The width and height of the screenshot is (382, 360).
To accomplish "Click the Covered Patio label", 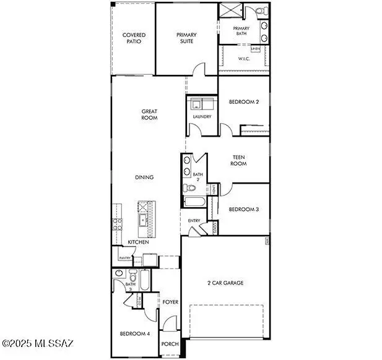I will [134, 38].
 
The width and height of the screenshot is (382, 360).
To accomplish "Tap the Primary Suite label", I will [186, 38].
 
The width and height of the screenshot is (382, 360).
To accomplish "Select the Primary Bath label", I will [241, 32].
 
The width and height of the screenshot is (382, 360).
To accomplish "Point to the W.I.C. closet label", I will [243, 59].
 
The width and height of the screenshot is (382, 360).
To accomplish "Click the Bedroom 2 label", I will [243, 102].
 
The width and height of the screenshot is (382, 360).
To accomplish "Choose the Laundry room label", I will [202, 116].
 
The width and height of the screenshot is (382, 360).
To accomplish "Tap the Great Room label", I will [149, 114].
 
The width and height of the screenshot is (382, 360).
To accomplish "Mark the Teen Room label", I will [239, 161].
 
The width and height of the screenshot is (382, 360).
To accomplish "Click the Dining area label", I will [144, 178].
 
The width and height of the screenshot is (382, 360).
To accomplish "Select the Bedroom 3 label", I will [243, 210].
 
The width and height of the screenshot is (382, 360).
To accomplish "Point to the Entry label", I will [194, 221].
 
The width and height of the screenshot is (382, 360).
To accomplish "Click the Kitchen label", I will [138, 242].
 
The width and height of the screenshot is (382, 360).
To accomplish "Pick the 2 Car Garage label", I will [225, 283].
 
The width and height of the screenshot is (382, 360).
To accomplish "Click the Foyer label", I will [170, 302].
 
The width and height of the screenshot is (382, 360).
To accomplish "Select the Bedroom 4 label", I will [135, 334].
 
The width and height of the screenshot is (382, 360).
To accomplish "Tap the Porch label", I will [170, 344].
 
